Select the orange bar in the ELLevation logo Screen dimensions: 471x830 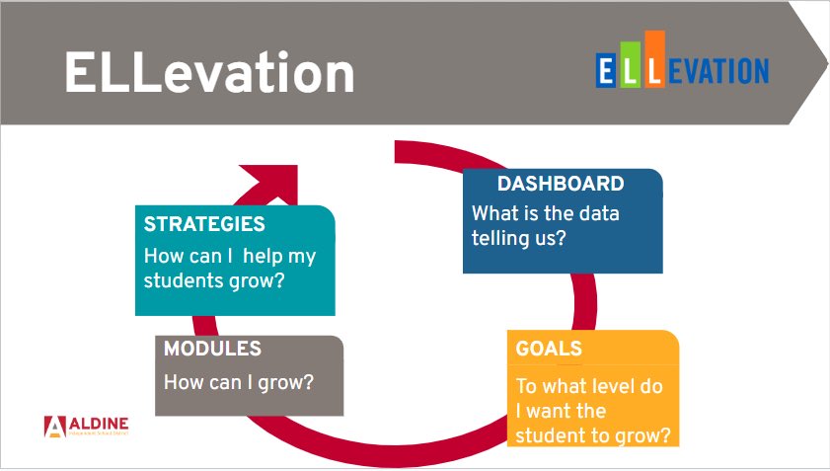pos(653,59)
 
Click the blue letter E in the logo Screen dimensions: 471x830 pos(607,70)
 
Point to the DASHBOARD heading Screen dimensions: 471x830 pos(560,184)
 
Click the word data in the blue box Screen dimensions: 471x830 pos(595,213)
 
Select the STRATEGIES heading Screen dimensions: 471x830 pos(204,224)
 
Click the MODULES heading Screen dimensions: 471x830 pos(212,349)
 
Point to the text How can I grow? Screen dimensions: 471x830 pos(238,381)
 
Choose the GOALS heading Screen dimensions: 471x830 pos(549,350)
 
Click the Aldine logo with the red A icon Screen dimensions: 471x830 pos(87,426)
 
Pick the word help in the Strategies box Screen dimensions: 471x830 pos(261,256)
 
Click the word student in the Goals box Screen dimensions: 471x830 pos(552,434)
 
